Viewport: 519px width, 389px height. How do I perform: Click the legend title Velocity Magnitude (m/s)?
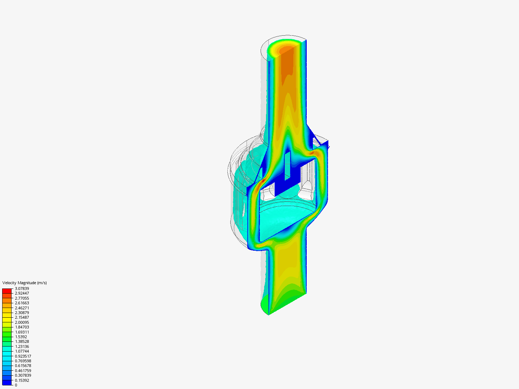tap(25, 283)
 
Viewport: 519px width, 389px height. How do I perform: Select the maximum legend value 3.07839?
tap(22, 289)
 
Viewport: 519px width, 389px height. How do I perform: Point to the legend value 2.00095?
tap(22, 322)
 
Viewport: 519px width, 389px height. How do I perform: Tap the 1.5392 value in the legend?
tap(21, 337)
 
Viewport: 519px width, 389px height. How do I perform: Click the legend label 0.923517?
tap(23, 356)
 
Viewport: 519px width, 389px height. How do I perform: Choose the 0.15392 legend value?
tap(22, 380)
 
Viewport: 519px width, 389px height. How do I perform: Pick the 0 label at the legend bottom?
tap(16, 385)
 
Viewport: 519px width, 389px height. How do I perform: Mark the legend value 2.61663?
tap(22, 303)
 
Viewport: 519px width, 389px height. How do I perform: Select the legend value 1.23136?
tap(22, 346)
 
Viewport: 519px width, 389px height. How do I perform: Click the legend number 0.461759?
tap(23, 371)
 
